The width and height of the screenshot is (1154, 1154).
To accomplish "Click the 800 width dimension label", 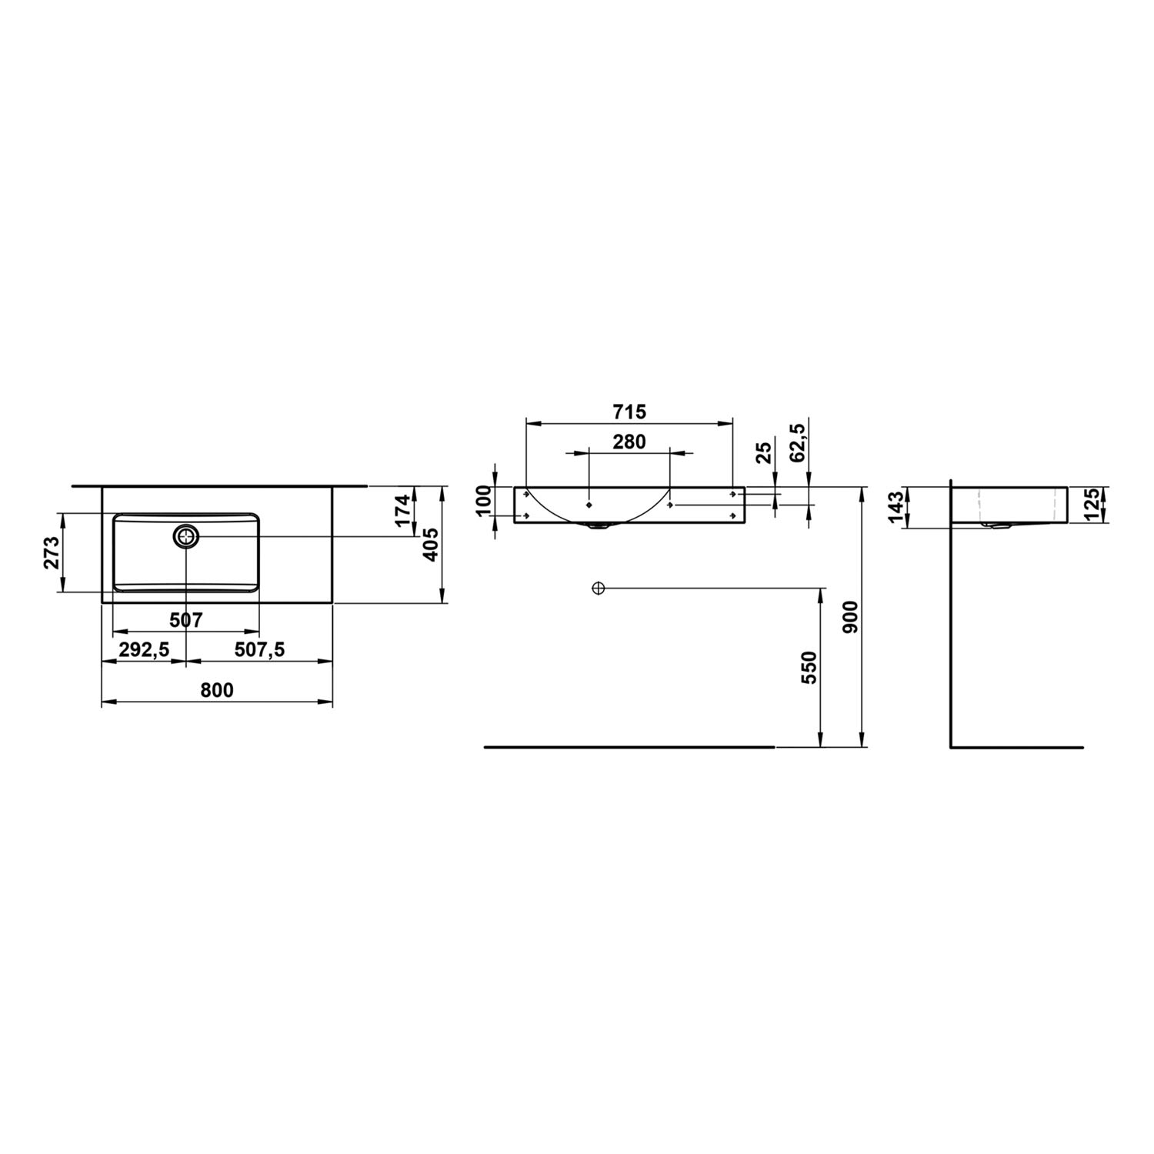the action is pyautogui.click(x=217, y=690).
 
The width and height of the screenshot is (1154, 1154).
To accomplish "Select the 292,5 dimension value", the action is pyautogui.click(x=144, y=650).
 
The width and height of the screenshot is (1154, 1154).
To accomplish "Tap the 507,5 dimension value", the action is pyautogui.click(x=259, y=650).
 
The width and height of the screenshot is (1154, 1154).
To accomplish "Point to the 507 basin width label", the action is pyautogui.click(x=186, y=619).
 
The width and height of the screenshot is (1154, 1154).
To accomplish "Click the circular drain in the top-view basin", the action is pyautogui.click(x=187, y=535).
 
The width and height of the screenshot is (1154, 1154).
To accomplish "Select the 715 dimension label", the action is pyautogui.click(x=630, y=412).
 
